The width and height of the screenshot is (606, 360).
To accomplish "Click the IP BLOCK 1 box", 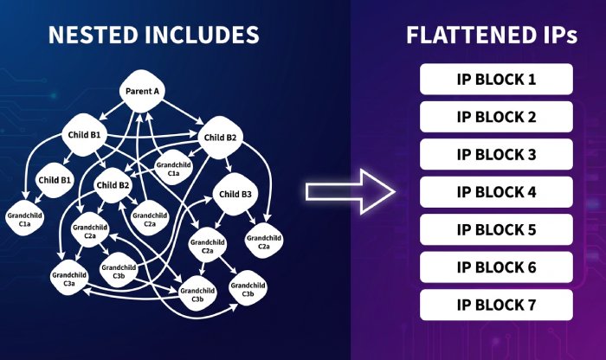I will point(496,80).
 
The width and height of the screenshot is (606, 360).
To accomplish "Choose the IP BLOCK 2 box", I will point(496,117).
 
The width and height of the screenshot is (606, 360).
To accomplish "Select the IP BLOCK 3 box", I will point(496,155).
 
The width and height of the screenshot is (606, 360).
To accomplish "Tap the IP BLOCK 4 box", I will point(496,192).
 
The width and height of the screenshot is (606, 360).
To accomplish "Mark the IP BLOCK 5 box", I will point(496,230).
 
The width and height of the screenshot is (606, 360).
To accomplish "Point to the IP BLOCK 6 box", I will point(496,267).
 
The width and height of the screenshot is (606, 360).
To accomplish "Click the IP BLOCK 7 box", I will point(496,305).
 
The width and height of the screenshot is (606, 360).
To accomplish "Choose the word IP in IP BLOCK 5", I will point(464,230).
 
